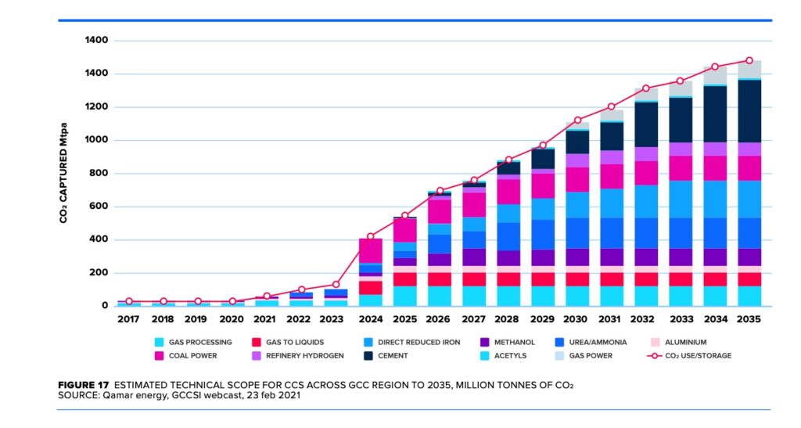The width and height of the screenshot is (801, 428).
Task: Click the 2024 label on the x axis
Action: (370, 320)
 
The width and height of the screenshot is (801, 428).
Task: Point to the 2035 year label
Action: (749, 320)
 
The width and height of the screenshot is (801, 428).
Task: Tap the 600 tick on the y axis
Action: (97, 207)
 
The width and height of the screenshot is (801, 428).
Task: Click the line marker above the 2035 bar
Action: (749, 60)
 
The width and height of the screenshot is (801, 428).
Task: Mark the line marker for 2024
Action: (370, 236)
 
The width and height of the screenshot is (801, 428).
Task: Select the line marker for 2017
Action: (128, 301)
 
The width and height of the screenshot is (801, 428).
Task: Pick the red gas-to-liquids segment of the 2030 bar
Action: (577, 279)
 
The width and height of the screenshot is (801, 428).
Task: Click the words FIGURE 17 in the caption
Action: (84, 386)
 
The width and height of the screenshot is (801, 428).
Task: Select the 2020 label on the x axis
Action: (232, 320)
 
